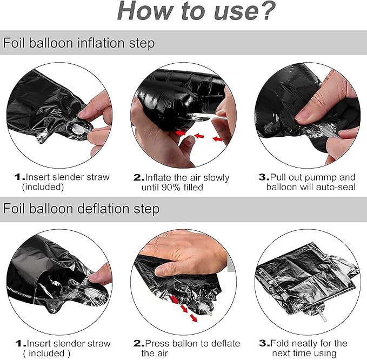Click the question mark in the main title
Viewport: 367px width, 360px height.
click(x=266, y=11)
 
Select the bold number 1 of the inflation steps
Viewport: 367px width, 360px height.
click(x=17, y=177)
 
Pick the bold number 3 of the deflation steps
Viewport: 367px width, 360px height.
click(x=263, y=343)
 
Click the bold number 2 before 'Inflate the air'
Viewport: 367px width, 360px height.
click(x=138, y=177)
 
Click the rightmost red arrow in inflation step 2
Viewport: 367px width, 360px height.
click(x=218, y=139)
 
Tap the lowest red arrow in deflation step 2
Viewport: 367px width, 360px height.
click(x=193, y=318)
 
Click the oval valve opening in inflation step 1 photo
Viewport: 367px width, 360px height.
click(x=79, y=128)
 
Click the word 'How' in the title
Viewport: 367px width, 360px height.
click(x=145, y=11)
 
